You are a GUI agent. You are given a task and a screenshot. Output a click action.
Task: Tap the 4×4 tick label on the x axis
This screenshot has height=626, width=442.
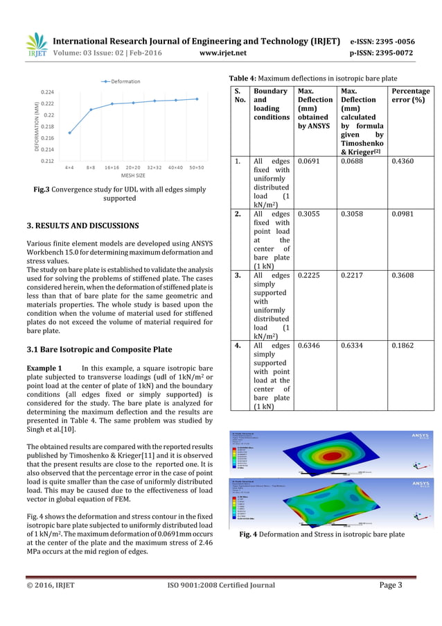point(70,167)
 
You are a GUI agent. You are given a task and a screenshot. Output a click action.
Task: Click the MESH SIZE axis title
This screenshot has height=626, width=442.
point(134,176)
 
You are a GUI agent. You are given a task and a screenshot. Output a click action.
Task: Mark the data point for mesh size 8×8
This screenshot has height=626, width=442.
point(91,110)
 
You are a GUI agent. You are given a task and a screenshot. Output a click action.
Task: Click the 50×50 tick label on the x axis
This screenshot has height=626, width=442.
point(197,167)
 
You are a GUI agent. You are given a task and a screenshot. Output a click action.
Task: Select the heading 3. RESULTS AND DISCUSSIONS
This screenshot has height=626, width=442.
point(82,226)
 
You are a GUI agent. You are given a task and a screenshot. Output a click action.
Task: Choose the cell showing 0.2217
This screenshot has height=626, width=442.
point(353,276)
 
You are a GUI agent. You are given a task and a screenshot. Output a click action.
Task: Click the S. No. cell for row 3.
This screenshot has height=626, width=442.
point(237,276)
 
